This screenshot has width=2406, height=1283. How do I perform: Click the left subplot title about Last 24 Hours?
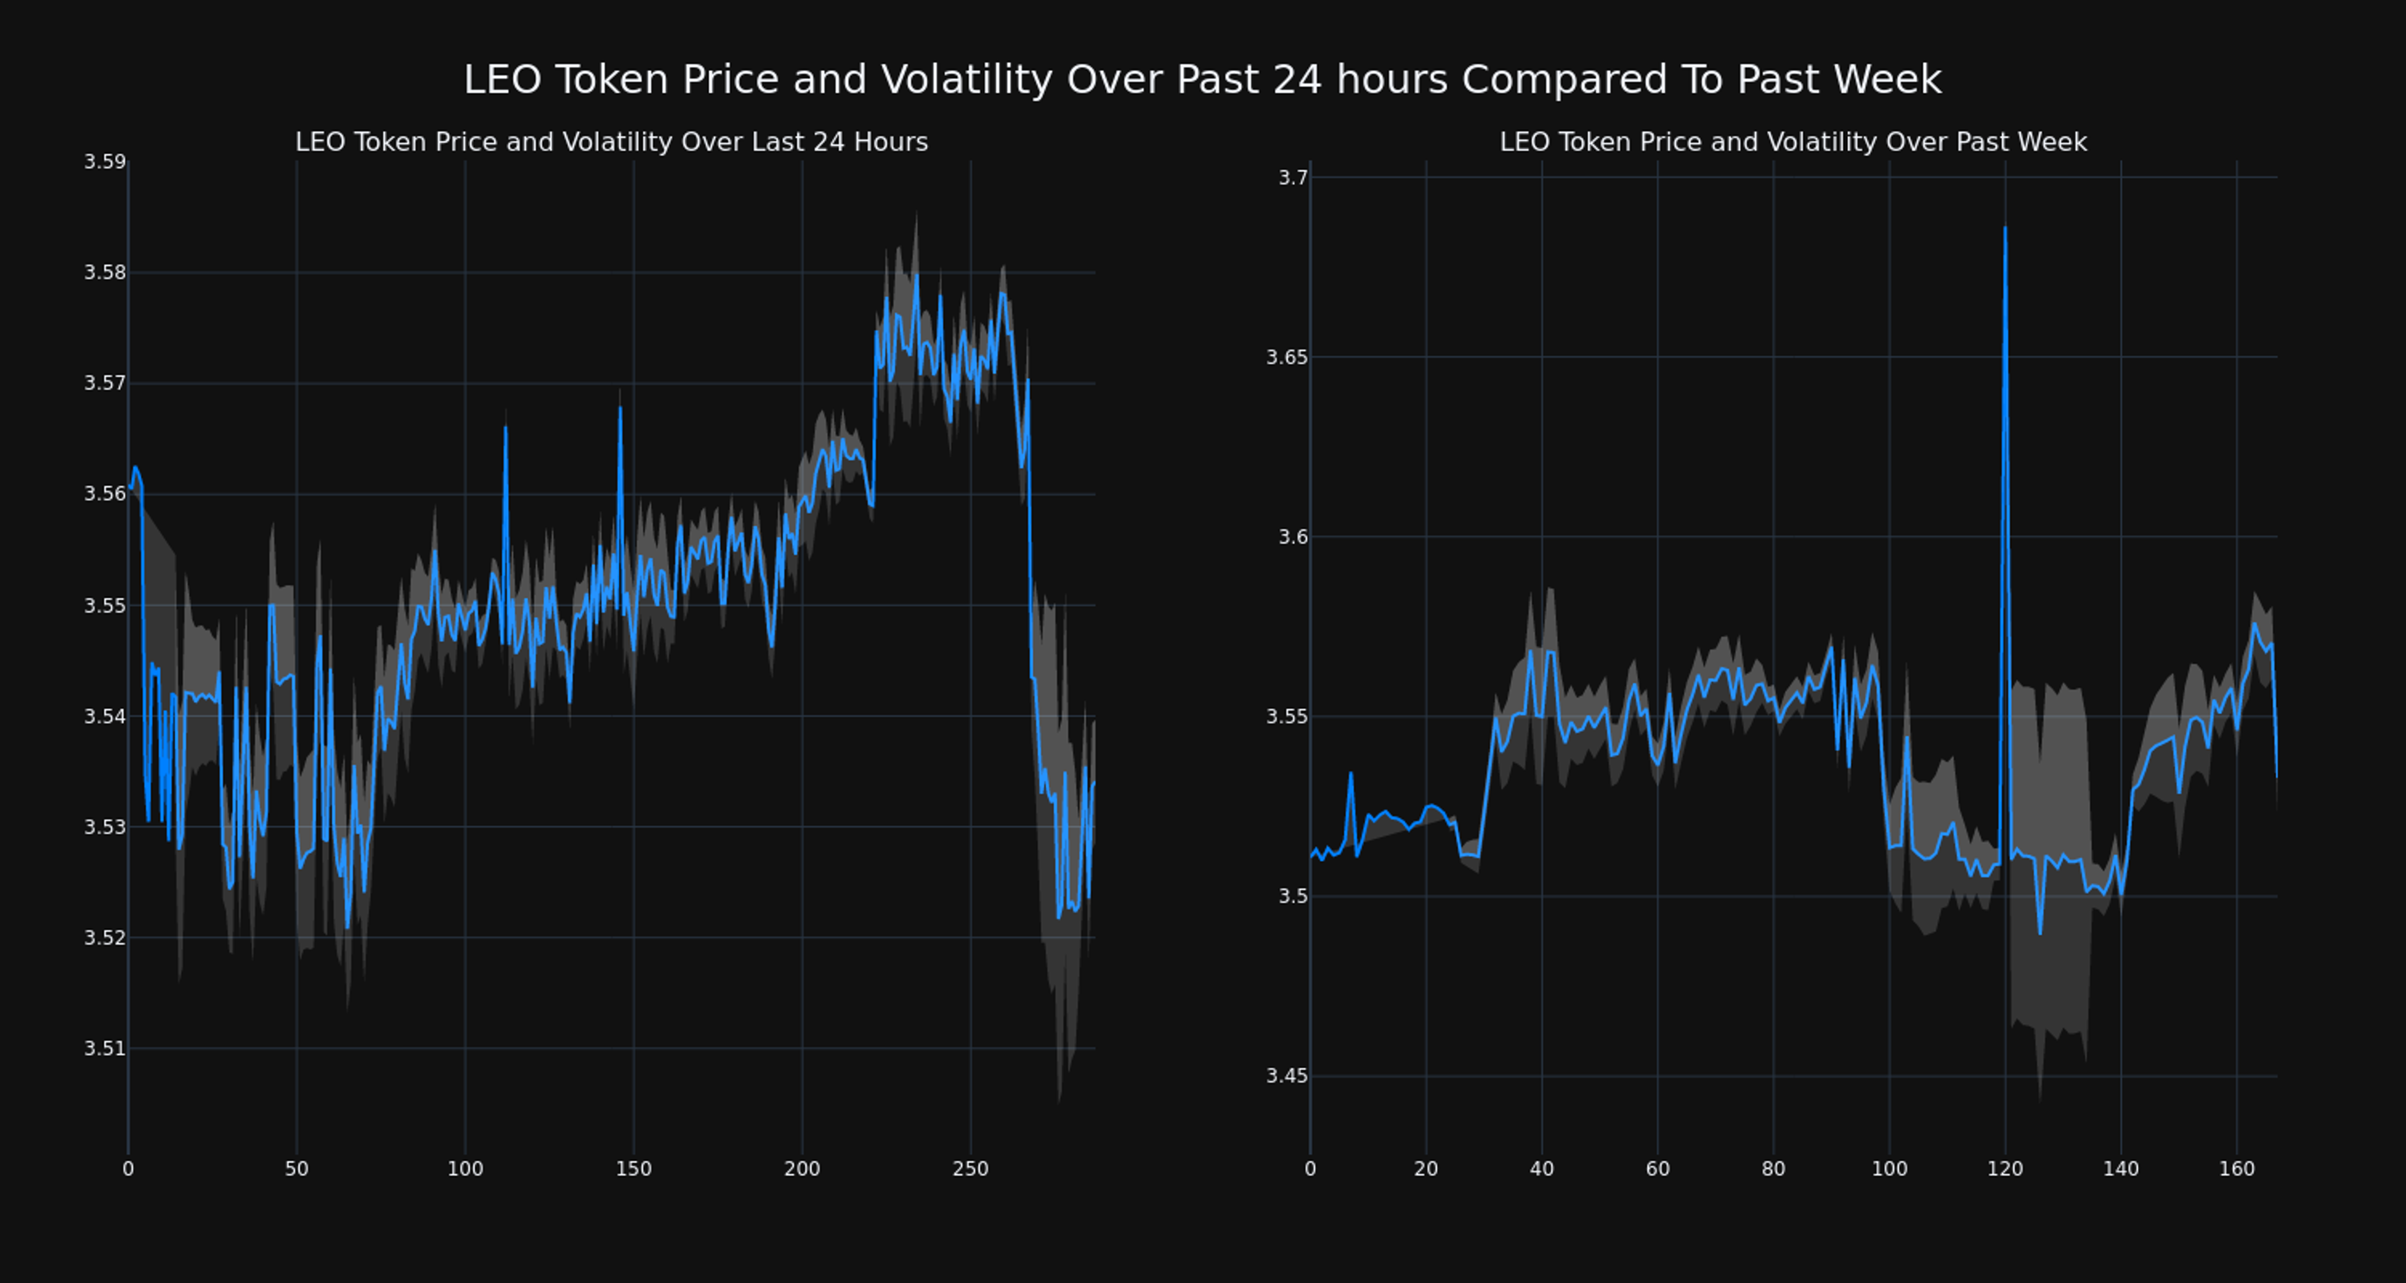[612, 142]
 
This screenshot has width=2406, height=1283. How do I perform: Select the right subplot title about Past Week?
[1793, 142]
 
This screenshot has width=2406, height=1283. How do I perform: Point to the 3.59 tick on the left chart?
[105, 162]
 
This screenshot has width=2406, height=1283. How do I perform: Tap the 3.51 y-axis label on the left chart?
[105, 1049]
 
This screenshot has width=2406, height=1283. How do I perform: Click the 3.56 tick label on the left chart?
[105, 494]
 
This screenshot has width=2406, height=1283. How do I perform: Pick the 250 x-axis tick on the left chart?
[971, 1169]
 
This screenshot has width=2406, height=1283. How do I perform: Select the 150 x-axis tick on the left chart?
[633, 1169]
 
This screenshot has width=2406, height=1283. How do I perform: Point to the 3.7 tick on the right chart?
[1294, 177]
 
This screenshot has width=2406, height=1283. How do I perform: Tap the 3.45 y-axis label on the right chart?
[1287, 1076]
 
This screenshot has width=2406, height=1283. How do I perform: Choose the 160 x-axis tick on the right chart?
[2236, 1169]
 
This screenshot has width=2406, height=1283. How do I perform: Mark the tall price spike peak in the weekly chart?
[2004, 227]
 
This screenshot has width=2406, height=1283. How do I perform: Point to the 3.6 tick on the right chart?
[1294, 537]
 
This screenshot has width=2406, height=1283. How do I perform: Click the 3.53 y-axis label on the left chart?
[105, 827]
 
